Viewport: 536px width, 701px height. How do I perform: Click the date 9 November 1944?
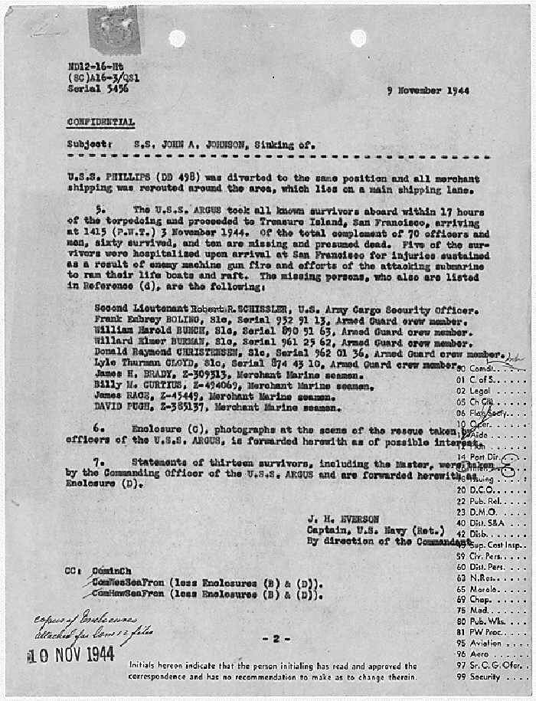(x=428, y=90)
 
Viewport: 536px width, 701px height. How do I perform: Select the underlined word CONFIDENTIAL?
(x=100, y=122)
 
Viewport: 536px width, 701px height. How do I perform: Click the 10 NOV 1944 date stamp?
(x=71, y=654)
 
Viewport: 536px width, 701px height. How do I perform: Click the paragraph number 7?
(x=98, y=462)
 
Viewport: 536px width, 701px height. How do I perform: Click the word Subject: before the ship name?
(x=90, y=143)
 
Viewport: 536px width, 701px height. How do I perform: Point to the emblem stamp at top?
(x=113, y=28)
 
